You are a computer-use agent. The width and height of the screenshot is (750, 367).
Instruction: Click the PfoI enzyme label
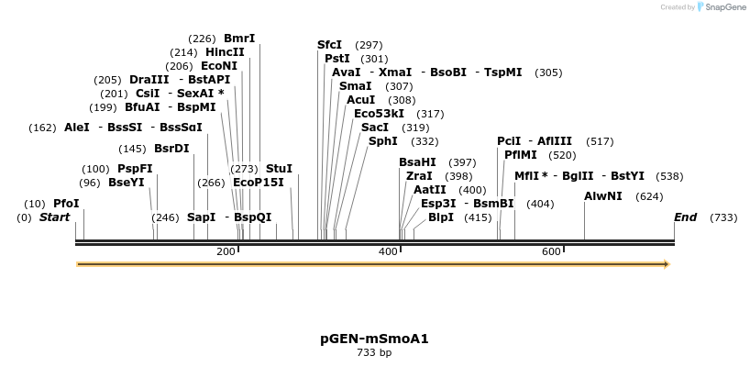click(66, 203)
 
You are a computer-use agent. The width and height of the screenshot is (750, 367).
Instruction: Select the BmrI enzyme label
click(239, 39)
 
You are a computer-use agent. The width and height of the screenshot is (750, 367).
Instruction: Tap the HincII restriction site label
click(225, 52)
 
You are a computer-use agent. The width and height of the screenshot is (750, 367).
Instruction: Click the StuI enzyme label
click(279, 169)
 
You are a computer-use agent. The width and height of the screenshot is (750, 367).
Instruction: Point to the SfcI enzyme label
click(329, 45)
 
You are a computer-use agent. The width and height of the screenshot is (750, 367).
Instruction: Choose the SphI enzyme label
click(383, 141)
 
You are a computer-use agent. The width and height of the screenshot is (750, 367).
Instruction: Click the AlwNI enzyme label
click(603, 196)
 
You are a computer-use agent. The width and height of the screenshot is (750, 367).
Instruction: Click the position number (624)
click(649, 196)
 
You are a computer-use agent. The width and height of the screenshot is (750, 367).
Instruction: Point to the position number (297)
click(369, 45)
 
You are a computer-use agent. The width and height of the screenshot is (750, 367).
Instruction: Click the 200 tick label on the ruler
click(226, 251)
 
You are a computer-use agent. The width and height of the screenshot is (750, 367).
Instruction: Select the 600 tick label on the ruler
click(551, 251)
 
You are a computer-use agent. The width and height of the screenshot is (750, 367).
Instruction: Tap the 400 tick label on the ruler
click(388, 251)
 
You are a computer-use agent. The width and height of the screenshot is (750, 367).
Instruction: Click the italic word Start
click(55, 217)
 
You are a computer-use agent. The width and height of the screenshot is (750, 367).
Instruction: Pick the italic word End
click(685, 217)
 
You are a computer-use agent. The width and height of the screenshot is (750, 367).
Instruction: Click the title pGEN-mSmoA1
click(374, 339)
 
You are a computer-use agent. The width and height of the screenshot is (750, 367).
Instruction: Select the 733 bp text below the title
click(374, 352)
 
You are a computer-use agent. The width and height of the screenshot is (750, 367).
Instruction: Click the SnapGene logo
click(722, 7)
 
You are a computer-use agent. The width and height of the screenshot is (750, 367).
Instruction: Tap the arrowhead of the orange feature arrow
click(667, 264)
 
